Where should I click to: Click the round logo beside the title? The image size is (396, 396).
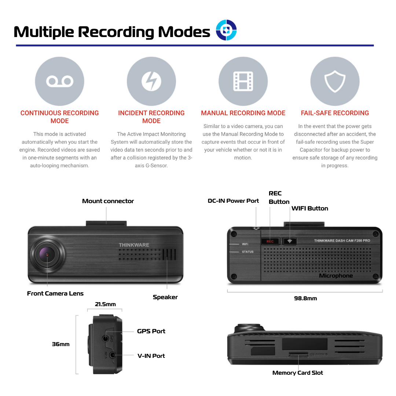tap(226, 30)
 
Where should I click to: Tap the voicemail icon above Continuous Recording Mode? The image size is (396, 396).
tap(59, 81)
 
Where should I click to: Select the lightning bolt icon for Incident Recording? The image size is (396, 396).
tap(151, 81)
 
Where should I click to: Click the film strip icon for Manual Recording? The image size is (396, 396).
tap(243, 81)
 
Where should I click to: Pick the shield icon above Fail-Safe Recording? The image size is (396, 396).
tap(335, 81)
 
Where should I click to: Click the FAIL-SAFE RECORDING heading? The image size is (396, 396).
tap(335, 113)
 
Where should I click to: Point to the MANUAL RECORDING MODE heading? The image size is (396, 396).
tap(243, 113)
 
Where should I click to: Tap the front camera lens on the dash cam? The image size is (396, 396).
tap(48, 254)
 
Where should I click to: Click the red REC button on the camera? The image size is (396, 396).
tap(270, 241)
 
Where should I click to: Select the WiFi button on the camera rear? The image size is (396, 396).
tap(290, 241)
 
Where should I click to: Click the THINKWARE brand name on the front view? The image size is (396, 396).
tap(134, 245)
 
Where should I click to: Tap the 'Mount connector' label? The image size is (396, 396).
tap(108, 201)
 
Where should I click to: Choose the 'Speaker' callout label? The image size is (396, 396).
tap(165, 297)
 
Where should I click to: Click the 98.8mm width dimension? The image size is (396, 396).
tap(305, 298)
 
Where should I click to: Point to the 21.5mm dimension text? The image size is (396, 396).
tap(105, 304)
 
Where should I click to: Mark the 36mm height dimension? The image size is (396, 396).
tap(60, 344)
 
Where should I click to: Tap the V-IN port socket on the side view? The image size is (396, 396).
tap(112, 355)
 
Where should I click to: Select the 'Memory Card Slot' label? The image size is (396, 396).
tap(298, 373)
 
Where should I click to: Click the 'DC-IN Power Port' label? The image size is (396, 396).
tap(233, 201)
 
